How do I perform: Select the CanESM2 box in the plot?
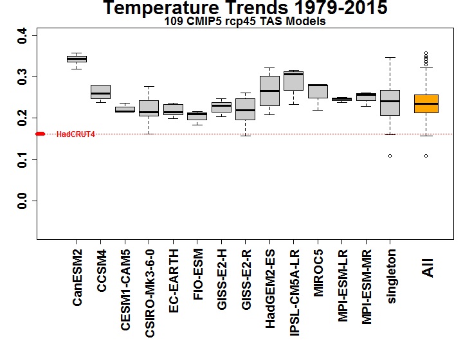point(77,59)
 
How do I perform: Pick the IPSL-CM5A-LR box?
point(293,81)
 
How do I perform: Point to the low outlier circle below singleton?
point(390,156)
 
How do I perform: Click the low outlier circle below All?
point(425,156)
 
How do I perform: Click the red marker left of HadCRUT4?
point(40,134)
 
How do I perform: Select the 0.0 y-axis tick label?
point(23,201)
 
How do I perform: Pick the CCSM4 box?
point(100,92)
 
